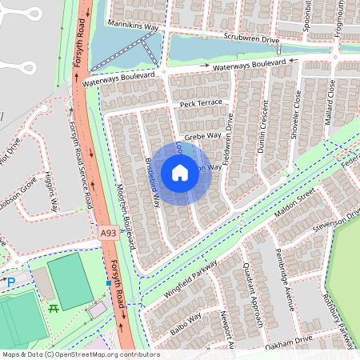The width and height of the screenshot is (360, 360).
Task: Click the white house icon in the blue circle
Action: pos(180,172)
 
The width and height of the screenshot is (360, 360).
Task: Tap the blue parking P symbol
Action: pos(10,281)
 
